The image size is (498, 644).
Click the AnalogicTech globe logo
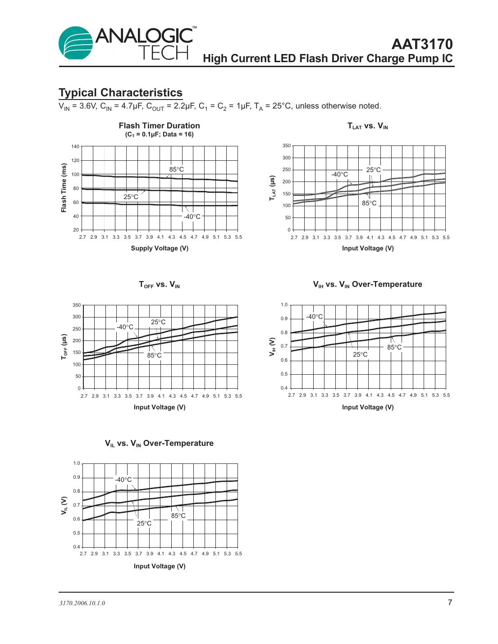click(76, 43)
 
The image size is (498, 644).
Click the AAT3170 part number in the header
click(422, 44)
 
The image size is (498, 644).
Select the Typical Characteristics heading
click(120, 93)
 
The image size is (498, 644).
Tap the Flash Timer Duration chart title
click(159, 126)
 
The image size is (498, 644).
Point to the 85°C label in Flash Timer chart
click(177, 169)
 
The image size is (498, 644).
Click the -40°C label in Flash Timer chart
click(192, 217)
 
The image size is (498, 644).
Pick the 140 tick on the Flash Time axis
click(75, 146)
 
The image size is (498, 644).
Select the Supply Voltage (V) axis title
click(160, 248)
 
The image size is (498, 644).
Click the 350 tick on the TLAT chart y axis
click(287, 146)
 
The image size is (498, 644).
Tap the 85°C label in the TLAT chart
click(369, 203)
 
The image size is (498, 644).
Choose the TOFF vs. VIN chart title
click(159, 285)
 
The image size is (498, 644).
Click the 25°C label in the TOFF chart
click(158, 322)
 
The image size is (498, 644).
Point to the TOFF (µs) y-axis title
click(64, 347)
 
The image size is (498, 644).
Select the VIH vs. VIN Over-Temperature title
click(367, 285)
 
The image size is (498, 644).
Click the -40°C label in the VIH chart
click(315, 317)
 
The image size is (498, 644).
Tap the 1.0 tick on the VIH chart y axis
click(284, 305)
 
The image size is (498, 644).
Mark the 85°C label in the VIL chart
click(178, 516)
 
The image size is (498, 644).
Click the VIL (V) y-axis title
click(64, 506)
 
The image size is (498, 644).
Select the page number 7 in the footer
click(449, 603)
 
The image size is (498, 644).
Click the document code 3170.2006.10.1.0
click(82, 603)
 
